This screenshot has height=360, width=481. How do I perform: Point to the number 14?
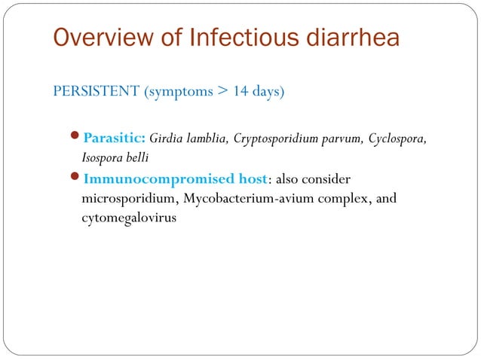[x=240, y=93]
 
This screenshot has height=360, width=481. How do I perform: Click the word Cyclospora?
[x=400, y=139]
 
